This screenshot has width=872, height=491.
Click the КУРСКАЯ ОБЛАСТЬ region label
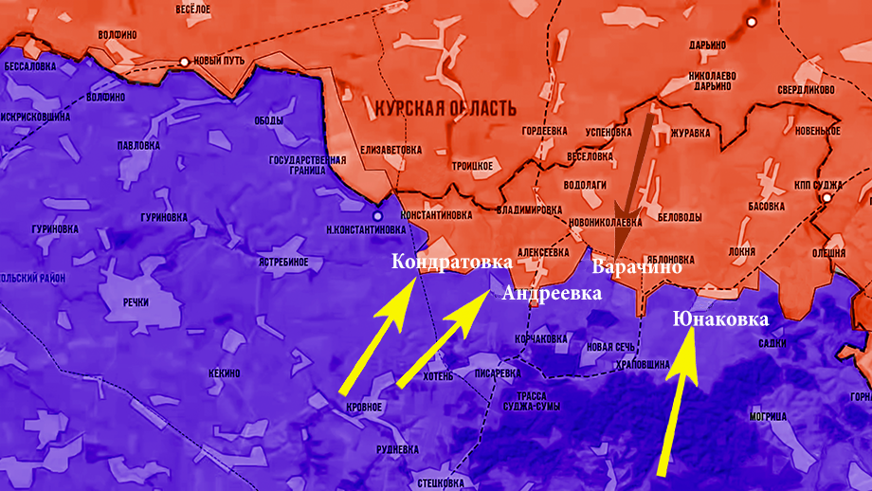coord(445,107)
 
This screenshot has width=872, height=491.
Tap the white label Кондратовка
coord(452,261)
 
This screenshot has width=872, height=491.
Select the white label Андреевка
coord(552,293)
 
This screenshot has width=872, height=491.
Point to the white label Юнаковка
coord(720,319)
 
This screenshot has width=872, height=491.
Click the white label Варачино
coord(637,267)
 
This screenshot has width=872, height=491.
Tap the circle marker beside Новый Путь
coord(185,62)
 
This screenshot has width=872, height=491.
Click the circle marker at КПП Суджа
coord(827,198)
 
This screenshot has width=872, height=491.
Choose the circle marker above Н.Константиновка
coord(378,216)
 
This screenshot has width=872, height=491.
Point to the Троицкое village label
coord(472,166)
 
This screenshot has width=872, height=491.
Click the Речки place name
coord(136,301)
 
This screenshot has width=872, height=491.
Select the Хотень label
coord(439,375)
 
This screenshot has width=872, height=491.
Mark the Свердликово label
coord(806,90)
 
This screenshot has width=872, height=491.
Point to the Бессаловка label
coord(29,67)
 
